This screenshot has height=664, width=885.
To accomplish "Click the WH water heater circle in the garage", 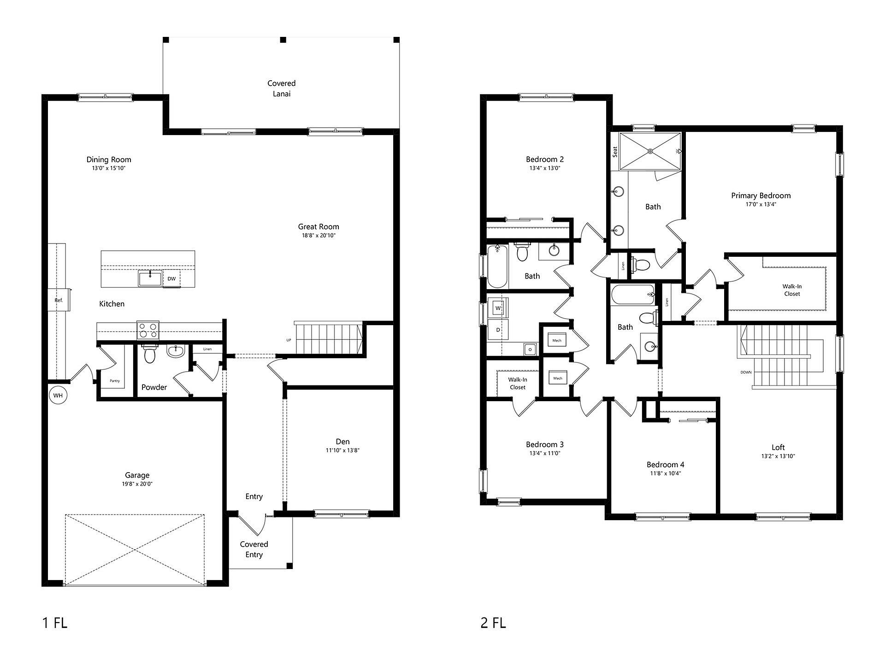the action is pos(58,395).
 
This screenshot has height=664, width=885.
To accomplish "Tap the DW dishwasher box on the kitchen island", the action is pos(171,279).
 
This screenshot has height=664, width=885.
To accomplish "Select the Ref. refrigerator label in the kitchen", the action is pos(59,300).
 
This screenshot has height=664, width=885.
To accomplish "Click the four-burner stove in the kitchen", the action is pos(148,331).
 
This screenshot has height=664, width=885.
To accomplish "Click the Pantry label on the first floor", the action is pos(115,381).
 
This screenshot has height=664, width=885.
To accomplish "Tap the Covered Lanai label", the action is pos(282,89).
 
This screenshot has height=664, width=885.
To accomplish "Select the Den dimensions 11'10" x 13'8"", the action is pos(342,451).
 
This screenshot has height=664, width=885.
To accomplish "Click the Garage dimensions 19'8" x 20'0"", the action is pos(137,484).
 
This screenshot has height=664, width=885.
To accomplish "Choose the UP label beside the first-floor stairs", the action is pos(289,340).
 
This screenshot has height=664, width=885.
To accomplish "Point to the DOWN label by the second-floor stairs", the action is pos(746,372).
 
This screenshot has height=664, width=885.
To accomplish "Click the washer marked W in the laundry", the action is pos(498,308).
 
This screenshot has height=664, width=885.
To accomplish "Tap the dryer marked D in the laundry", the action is pos(498,330).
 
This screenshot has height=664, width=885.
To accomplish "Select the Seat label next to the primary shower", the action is pos(615,152).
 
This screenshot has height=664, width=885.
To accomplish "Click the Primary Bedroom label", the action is pos(761,196).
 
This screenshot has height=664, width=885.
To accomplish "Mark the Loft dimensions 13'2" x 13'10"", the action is pos(778,456).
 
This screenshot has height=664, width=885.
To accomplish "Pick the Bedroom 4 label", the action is pos(665,464).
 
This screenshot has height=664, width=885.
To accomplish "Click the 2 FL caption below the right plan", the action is pos(493,623).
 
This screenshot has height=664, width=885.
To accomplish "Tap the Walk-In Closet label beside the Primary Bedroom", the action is pos(792,290).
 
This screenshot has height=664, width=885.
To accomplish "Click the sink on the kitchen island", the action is pos(150,279).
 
